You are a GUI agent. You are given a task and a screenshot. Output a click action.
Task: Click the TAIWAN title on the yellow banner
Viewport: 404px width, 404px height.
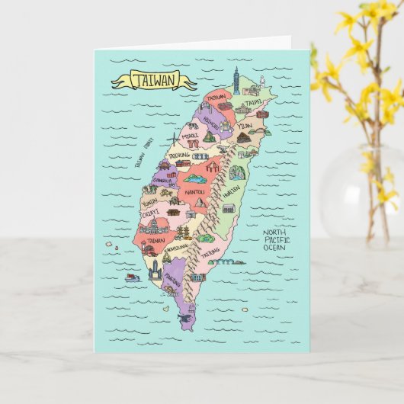(x=153, y=79)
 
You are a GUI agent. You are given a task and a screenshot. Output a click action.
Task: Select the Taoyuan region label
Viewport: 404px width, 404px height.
(x=218, y=98)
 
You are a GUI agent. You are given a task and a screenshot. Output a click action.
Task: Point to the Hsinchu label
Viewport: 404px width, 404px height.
(x=211, y=122)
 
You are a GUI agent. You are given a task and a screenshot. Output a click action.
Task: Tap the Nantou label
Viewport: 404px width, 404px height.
(x=195, y=192)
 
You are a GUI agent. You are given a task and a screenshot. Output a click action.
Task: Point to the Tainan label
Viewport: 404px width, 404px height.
(x=156, y=239)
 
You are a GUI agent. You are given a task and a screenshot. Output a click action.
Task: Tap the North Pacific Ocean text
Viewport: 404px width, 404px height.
(x=277, y=240)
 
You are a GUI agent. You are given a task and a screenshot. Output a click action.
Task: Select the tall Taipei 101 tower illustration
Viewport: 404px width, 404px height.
(x=236, y=79)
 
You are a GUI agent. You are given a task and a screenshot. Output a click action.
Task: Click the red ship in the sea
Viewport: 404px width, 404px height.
(x=133, y=277)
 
